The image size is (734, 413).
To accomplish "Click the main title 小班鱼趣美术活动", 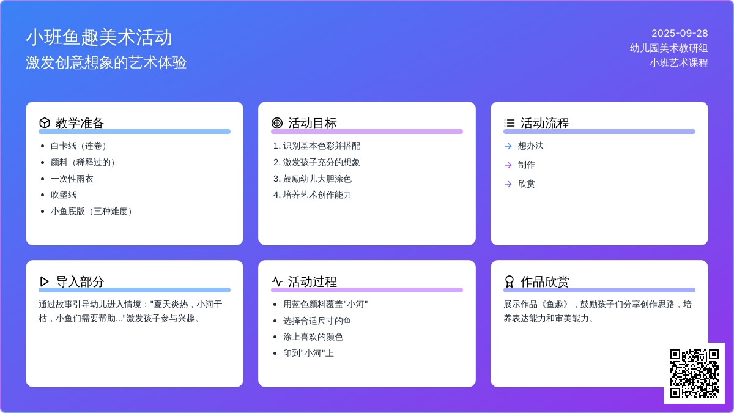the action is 99,37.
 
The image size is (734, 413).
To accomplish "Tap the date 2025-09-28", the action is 680,33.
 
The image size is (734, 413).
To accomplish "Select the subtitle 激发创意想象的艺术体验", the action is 106,62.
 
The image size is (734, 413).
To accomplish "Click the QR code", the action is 694,373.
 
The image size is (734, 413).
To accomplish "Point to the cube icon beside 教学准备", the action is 45,123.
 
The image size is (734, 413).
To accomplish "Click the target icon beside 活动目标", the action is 277,123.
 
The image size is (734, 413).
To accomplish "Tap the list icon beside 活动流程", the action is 509,123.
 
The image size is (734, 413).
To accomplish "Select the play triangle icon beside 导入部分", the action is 44,281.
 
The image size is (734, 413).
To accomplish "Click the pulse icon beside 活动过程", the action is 277,281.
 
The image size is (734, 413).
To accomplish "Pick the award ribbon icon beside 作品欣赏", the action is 509,281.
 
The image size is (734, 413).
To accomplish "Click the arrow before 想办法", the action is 508,146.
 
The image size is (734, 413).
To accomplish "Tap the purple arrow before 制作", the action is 508,165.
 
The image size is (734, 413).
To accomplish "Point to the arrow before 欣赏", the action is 508,184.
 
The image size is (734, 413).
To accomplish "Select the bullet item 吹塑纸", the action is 64,195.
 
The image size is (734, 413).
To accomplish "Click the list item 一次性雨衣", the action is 72,179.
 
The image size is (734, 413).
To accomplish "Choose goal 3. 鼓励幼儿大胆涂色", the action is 313,179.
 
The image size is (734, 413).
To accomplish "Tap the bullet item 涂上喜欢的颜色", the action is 313,337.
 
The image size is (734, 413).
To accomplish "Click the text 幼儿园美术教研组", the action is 669,48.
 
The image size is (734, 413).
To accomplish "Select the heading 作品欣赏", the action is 544,281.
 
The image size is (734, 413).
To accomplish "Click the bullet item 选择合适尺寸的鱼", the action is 317,321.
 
